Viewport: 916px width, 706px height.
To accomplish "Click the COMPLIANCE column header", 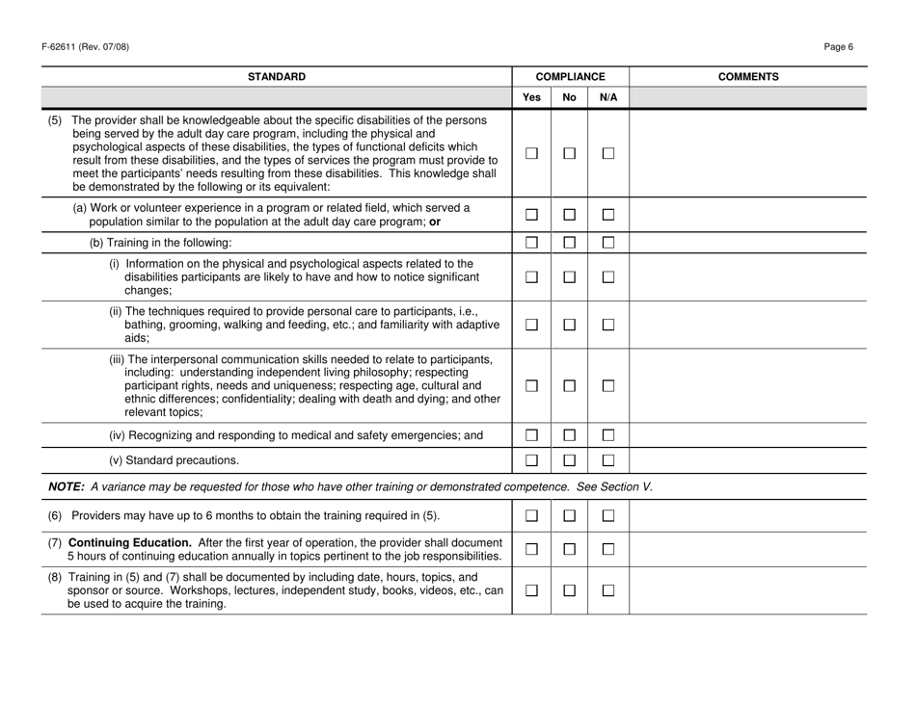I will click(570, 75).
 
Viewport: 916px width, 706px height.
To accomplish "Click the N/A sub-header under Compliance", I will click(608, 97).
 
